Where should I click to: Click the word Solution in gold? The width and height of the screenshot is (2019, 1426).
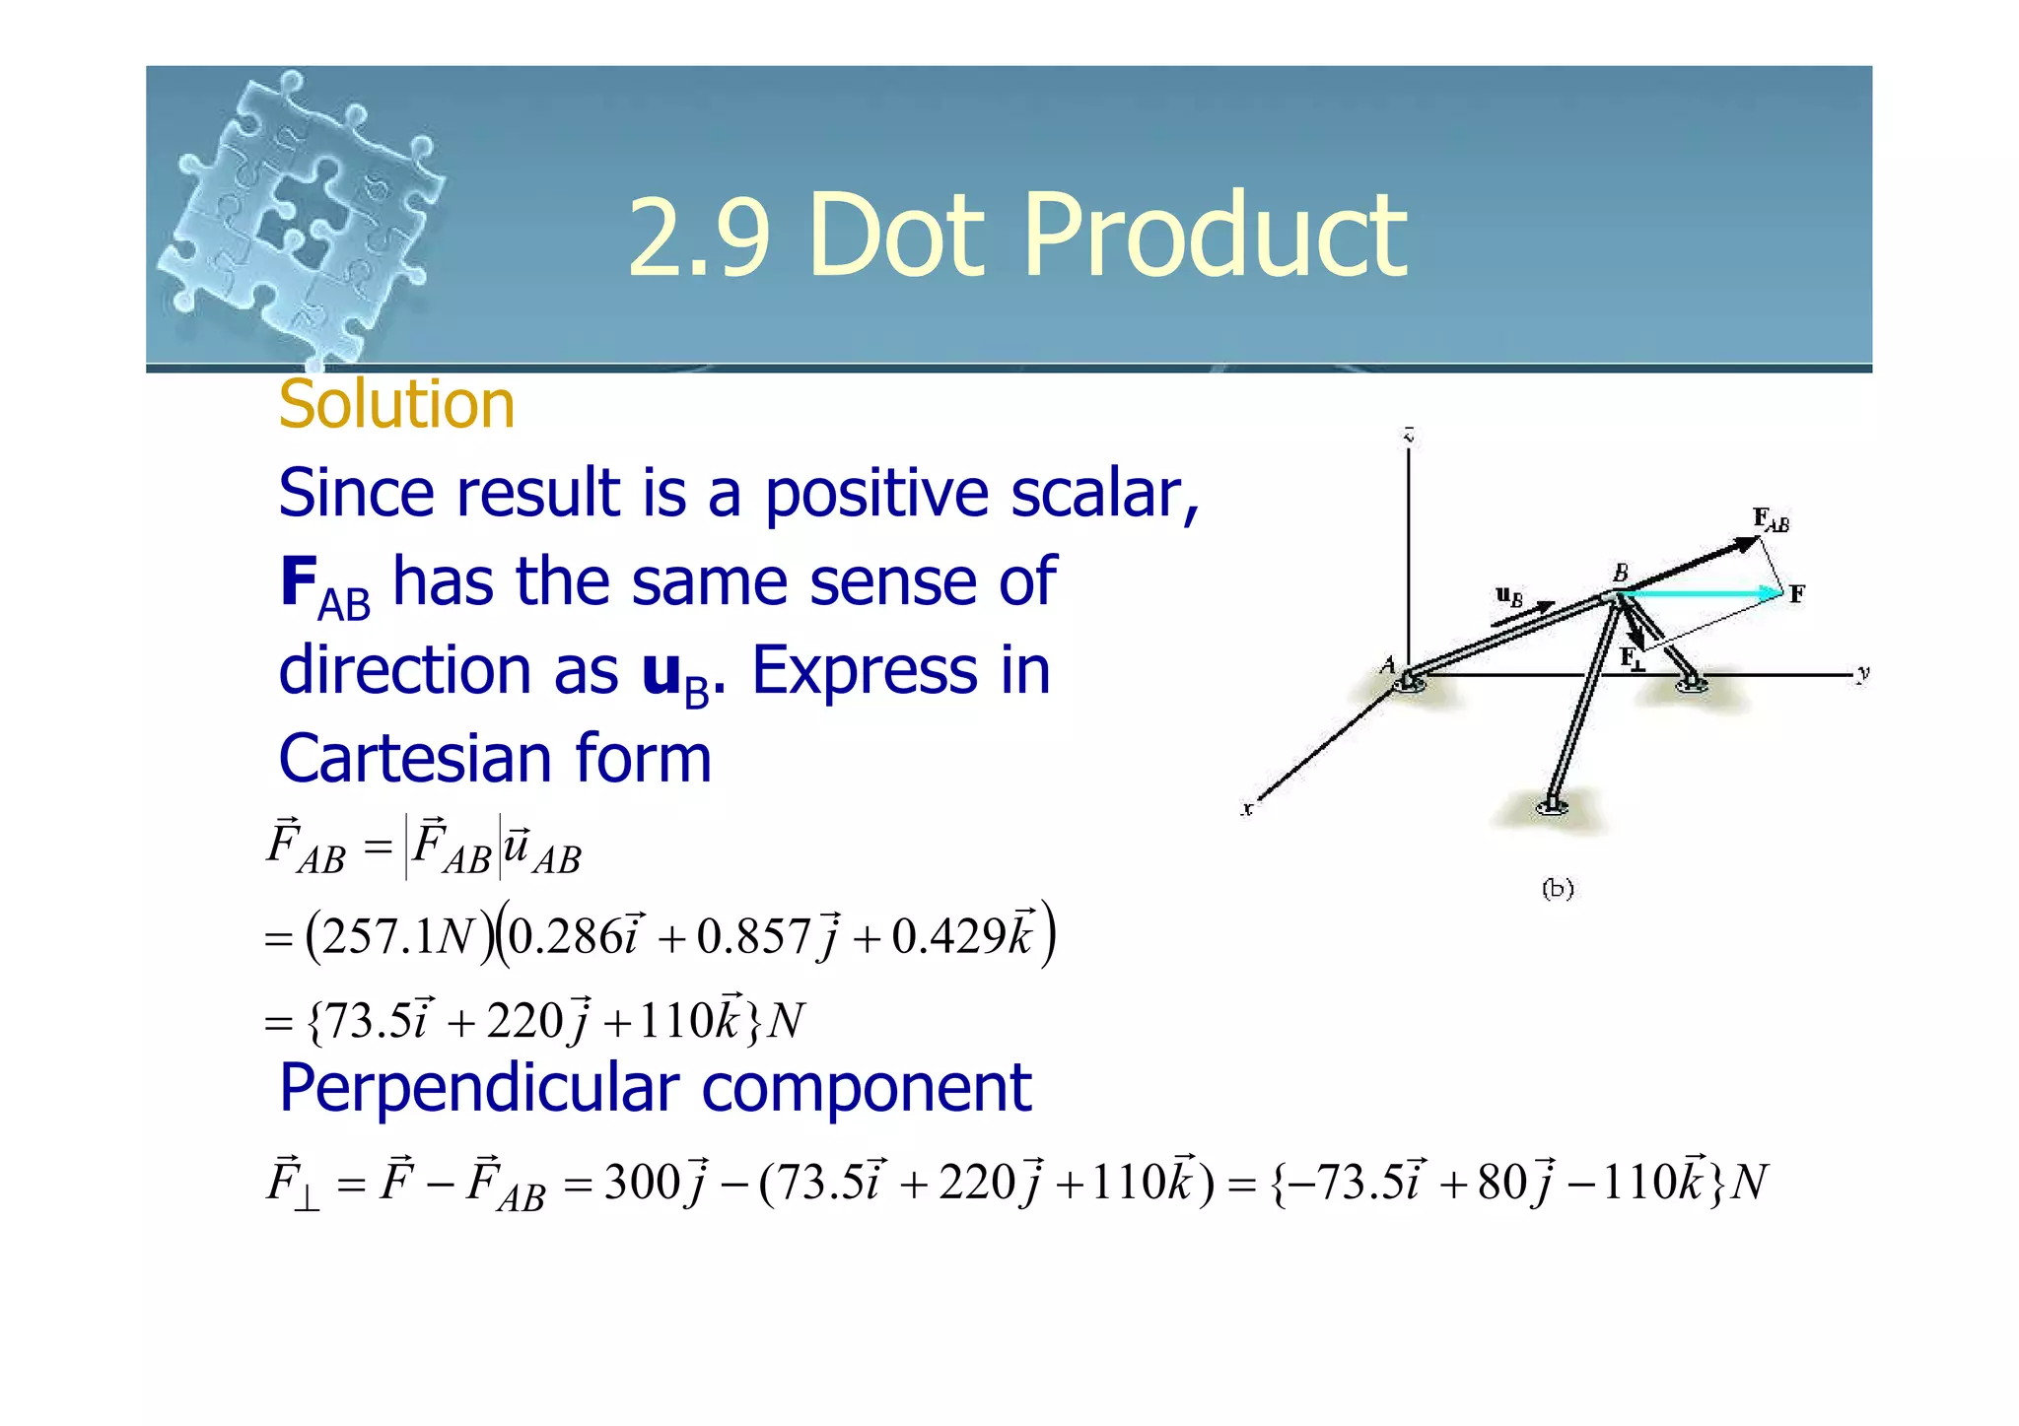point(396,405)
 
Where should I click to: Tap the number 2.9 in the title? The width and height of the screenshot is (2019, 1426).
point(698,237)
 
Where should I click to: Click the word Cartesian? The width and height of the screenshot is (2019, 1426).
point(414,759)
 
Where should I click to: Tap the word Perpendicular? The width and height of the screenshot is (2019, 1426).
point(479,1088)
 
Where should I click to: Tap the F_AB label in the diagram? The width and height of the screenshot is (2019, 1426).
point(1771,519)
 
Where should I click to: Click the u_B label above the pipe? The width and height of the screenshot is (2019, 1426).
point(1508,595)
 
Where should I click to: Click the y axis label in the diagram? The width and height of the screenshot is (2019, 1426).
point(1861,674)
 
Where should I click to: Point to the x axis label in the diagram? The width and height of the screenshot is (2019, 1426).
point(1247,809)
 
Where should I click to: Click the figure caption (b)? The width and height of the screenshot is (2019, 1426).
point(1557,889)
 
